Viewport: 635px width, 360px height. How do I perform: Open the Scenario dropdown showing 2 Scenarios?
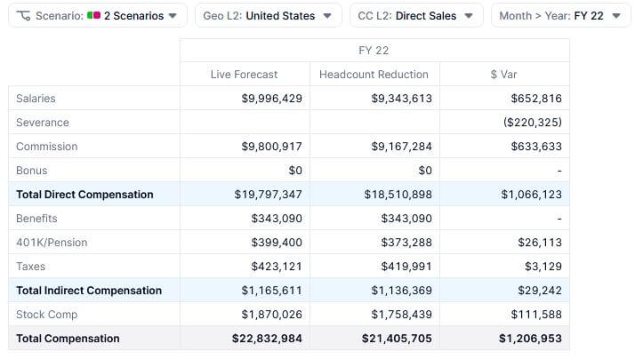98,16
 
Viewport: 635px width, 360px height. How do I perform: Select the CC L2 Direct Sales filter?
415,16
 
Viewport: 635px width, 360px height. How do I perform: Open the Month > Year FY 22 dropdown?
559,16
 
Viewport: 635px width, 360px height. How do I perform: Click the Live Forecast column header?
244,75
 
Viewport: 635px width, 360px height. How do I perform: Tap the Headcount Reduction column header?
374,75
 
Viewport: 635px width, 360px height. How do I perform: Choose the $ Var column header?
505,75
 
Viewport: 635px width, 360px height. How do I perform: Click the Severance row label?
43,123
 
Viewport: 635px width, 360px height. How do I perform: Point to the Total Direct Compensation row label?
84,195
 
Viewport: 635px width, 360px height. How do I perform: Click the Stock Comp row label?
46,315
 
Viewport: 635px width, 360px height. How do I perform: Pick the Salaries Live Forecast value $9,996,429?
271,99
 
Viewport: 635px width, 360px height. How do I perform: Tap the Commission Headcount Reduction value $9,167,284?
401,147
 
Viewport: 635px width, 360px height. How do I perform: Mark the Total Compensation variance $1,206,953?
530,339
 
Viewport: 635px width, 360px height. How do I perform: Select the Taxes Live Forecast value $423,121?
277,267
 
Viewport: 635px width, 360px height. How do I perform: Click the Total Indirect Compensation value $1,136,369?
398,291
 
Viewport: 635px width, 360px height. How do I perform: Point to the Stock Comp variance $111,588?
536,315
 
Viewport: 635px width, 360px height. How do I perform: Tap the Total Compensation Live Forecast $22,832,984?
267,339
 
